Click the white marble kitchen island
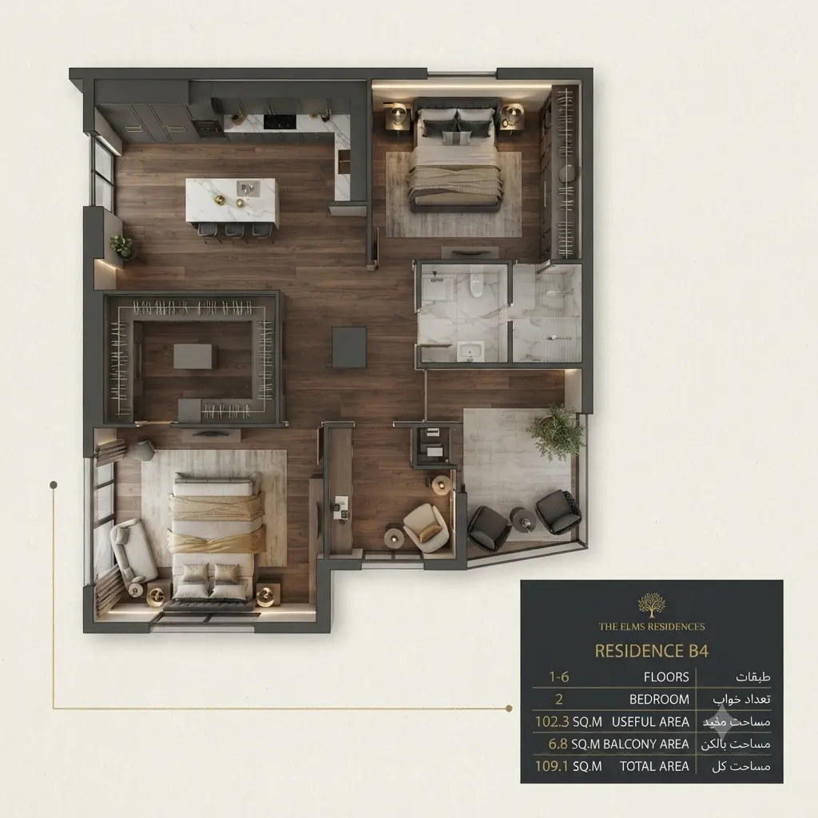[x=232, y=201]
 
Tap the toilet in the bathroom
[x=476, y=285]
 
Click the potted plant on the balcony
[x=556, y=432]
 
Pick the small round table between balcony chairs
[x=523, y=519]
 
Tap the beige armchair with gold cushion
[x=427, y=527]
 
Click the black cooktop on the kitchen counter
[x=280, y=121]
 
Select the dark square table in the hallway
[x=350, y=347]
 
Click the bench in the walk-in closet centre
[x=197, y=356]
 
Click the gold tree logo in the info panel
[x=652, y=605]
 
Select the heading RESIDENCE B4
[x=652, y=651]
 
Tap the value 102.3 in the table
[x=552, y=722]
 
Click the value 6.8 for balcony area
[x=558, y=744]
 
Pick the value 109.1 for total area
[x=552, y=766]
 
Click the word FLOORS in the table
[x=666, y=677]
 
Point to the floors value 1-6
[x=558, y=677]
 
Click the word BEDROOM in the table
[x=659, y=700]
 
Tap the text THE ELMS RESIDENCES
[x=652, y=626]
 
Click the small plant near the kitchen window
[x=121, y=244]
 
